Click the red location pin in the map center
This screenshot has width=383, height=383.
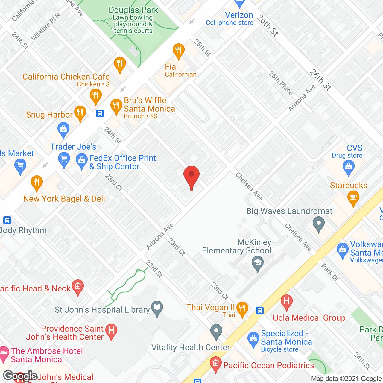point(191,175)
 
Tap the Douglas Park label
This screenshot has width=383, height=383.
point(133,10)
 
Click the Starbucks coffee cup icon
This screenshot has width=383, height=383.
point(353,198)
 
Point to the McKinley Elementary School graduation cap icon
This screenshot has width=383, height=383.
point(257,264)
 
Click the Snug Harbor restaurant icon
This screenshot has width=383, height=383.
point(80,113)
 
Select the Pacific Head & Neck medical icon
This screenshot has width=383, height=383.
point(78,286)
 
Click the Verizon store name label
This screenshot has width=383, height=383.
point(239,15)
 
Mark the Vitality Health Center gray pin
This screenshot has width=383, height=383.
point(216,331)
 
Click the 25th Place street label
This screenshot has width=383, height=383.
point(280,83)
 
